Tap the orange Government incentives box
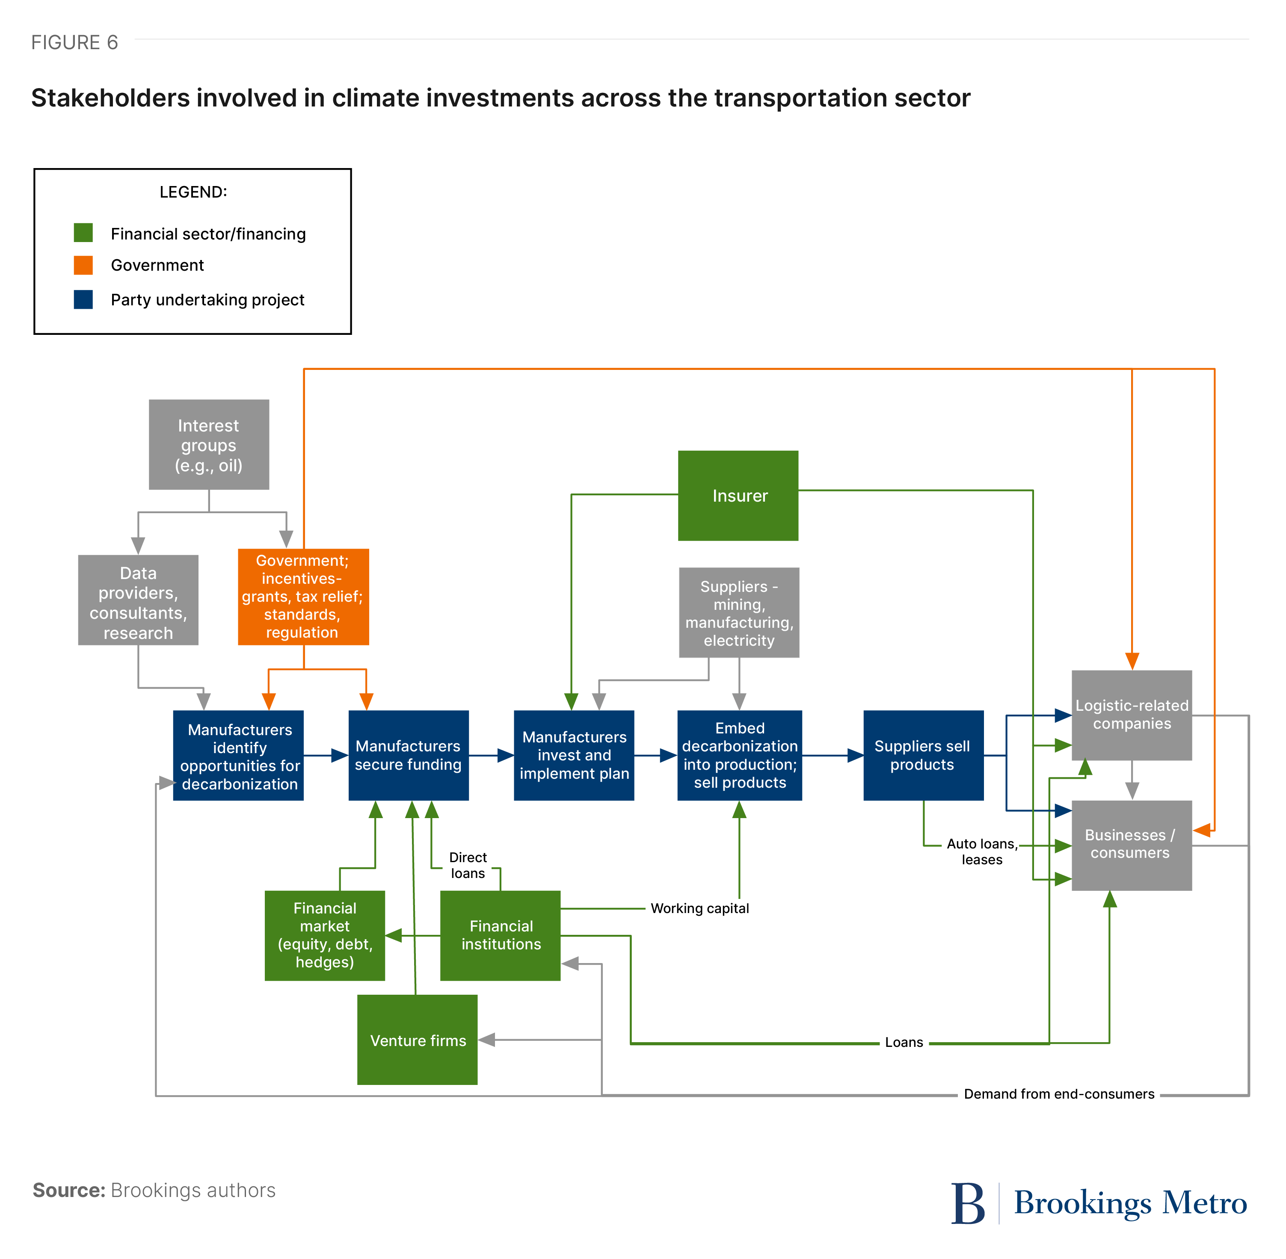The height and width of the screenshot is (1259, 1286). point(303,597)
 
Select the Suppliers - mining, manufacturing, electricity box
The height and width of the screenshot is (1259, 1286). point(738,612)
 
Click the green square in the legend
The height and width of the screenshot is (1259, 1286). point(83,233)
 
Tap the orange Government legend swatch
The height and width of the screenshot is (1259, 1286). point(83,265)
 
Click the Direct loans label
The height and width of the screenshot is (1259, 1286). point(467,865)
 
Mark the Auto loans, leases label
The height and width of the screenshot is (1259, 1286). point(982,852)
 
